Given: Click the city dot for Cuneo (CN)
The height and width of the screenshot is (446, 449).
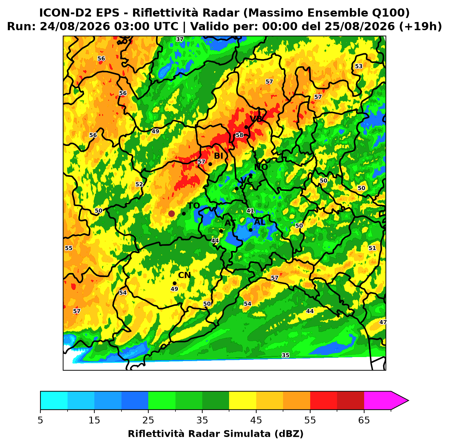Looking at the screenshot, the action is pos(174,283).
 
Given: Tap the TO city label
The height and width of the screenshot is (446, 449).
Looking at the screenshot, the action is pos(194,206).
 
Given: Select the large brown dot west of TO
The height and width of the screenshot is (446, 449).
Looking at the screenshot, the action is pos(171,213).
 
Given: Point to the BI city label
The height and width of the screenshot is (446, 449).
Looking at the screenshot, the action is pos(218,156).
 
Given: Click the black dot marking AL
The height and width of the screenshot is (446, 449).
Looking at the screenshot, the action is pos(250,230).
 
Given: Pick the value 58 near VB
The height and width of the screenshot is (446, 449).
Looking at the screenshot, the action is pos(239,135).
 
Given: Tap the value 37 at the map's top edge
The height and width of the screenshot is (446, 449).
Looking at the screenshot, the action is pos(180,39).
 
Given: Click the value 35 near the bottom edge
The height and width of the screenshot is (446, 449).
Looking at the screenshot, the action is pos(285,355).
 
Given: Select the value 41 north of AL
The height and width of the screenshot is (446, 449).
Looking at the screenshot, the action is pos(250,211).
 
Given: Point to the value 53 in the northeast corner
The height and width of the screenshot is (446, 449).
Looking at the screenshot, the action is pos(359,67).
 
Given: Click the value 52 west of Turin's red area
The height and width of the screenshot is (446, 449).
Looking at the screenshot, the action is pos(139,184).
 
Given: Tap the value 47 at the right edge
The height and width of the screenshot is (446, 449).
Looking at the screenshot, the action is pos(383,322).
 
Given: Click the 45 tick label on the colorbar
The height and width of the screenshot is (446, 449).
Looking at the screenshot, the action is pos(256,420).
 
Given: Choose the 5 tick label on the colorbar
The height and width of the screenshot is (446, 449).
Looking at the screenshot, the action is pos(40,420).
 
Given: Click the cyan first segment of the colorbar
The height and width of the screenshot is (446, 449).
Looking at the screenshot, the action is pos(54,401).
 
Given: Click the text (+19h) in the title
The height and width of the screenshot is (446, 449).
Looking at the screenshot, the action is pos(420,26).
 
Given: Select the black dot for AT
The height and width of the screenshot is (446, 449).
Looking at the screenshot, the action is pos(221,231).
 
